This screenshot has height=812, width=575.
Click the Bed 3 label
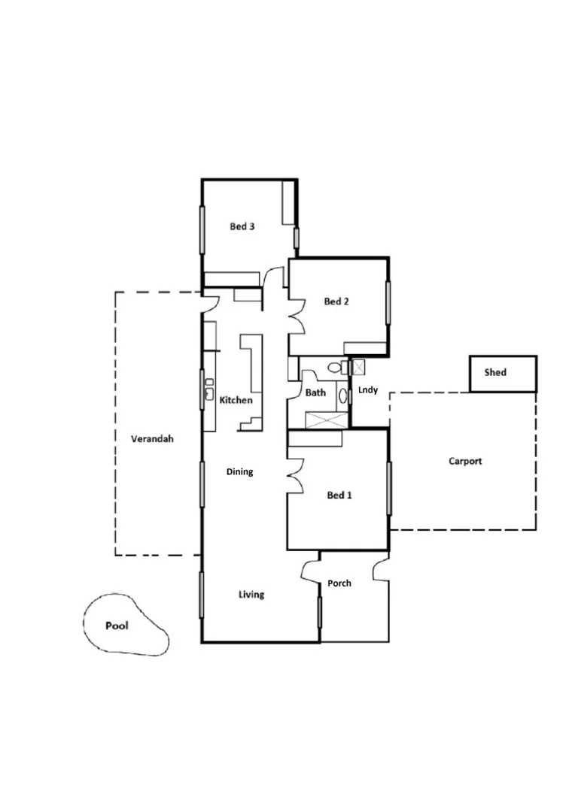pyautogui.click(x=242, y=226)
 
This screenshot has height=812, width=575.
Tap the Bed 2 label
pyautogui.click(x=336, y=301)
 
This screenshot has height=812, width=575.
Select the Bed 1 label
pyautogui.click(x=339, y=495)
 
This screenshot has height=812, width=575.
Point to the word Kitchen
pyautogui.click(x=236, y=400)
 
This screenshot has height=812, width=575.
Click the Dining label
pyautogui.click(x=240, y=472)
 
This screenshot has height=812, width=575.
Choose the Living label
pyautogui.click(x=251, y=595)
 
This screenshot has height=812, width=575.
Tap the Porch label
pyautogui.click(x=339, y=583)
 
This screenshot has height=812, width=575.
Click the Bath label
pyautogui.click(x=315, y=392)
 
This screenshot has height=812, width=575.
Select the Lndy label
pyautogui.click(x=368, y=390)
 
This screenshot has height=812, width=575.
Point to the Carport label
pyautogui.click(x=465, y=461)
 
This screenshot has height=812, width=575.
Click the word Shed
pyautogui.click(x=495, y=372)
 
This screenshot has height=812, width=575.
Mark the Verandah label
pyautogui.click(x=152, y=438)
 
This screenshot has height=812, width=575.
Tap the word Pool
pyautogui.click(x=117, y=626)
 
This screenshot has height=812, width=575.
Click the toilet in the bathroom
pyautogui.click(x=333, y=368)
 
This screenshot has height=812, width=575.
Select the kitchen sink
pyautogui.click(x=208, y=390)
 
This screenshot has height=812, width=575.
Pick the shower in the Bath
pyautogui.click(x=327, y=420)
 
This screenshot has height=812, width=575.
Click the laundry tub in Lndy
pyautogui.click(x=359, y=367)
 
